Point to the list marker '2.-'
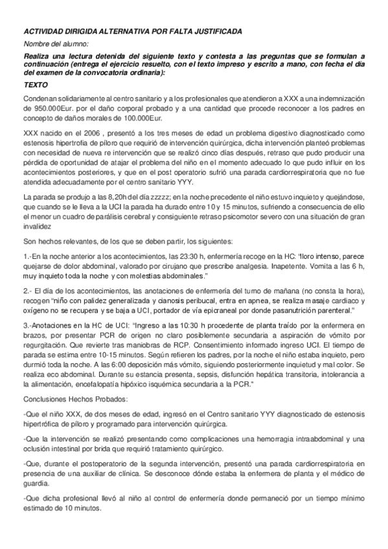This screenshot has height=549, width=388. [28, 291]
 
